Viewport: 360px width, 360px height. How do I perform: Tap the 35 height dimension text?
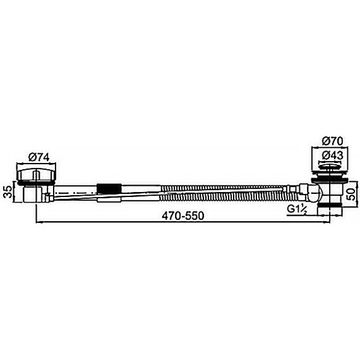(x=8, y=191)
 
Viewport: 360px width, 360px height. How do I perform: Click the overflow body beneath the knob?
(x=32, y=193)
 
